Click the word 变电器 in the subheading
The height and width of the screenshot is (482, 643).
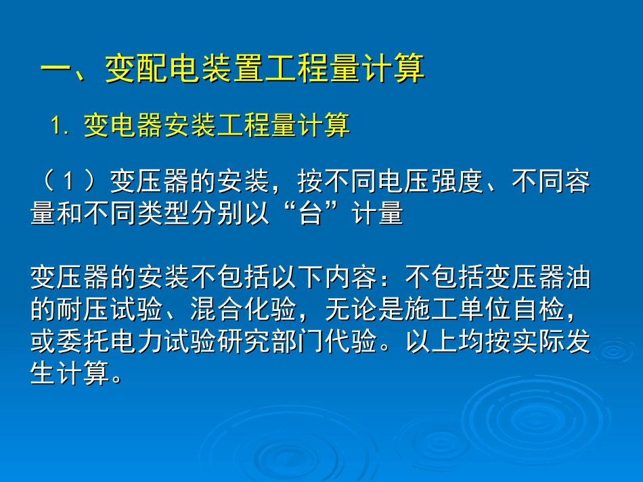coord(123,126)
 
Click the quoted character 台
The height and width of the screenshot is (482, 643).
coord(310,214)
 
